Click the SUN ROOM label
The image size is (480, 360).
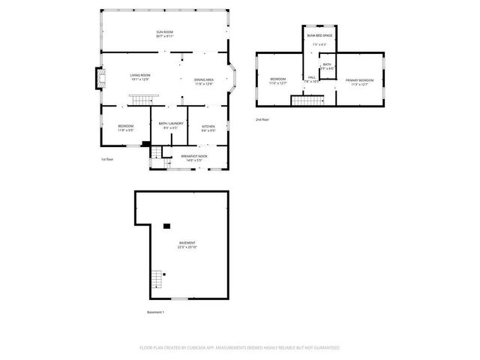click(x=165, y=32)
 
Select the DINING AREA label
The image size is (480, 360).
click(x=204, y=80)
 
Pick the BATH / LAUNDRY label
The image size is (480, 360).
click(x=170, y=124)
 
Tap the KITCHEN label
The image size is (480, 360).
click(x=208, y=126)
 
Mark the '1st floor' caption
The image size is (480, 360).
click(x=107, y=160)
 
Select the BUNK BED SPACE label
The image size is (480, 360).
click(x=319, y=35)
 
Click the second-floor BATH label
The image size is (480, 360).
click(x=327, y=64)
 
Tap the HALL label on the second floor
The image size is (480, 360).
click(x=312, y=77)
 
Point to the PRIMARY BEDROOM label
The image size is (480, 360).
click(x=359, y=80)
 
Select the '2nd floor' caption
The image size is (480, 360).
click(x=262, y=119)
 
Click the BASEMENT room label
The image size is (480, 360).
click(x=187, y=243)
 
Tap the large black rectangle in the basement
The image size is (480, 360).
click(x=167, y=224)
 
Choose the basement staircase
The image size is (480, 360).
click(x=156, y=280)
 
